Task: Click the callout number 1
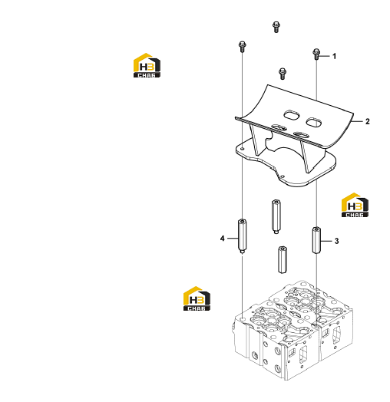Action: pyautogui.click(x=334, y=56)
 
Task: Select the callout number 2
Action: pyautogui.click(x=368, y=121)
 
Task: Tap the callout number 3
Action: pyautogui.click(x=336, y=241)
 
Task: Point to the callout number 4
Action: pyautogui.click(x=222, y=239)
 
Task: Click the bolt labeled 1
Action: pyautogui.click(x=316, y=54)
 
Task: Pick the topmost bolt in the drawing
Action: pyautogui.click(x=276, y=27)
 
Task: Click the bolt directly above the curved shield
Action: pyautogui.click(x=283, y=74)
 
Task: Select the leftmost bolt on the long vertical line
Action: pyautogui.click(x=242, y=46)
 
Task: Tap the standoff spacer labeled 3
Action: pyautogui.click(x=316, y=240)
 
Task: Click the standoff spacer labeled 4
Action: pyautogui.click(x=242, y=236)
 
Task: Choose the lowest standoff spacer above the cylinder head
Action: pyautogui.click(x=283, y=260)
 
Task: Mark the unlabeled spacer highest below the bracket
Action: pyautogui.click(x=276, y=216)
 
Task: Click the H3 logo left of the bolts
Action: pyautogui.click(x=147, y=65)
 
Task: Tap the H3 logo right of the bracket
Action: pyautogui.click(x=355, y=205)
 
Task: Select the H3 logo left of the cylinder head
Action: pyautogui.click(x=197, y=298)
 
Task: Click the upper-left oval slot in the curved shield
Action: pyautogui.click(x=292, y=114)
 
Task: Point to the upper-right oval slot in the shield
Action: pyautogui.click(x=314, y=122)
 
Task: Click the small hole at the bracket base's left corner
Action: pyautogui.click(x=242, y=148)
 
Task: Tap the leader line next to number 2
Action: pyautogui.click(x=358, y=121)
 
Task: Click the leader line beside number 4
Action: pyautogui.click(x=233, y=239)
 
